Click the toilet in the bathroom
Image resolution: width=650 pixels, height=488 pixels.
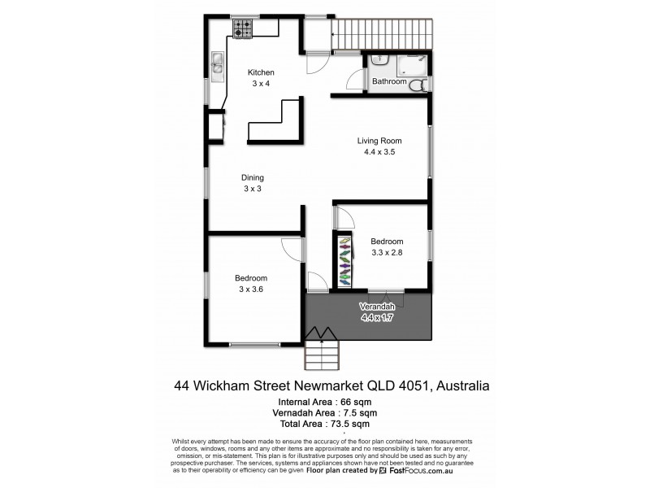pyautogui.click(x=416, y=85)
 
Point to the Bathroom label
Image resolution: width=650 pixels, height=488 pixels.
pyautogui.click(x=388, y=82)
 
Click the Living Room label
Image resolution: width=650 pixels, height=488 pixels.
pyautogui.click(x=379, y=140)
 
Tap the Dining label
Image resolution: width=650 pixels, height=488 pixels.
pyautogui.click(x=252, y=177)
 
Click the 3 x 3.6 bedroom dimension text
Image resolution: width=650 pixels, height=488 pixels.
pyautogui.click(x=251, y=288)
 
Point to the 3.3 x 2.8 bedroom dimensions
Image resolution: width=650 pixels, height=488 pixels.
pyautogui.click(x=387, y=253)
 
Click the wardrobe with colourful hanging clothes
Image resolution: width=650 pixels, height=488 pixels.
pyautogui.click(x=346, y=260)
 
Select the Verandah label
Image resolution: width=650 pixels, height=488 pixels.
pyautogui.click(x=376, y=306)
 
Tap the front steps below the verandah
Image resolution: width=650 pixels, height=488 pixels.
pyautogui.click(x=322, y=355)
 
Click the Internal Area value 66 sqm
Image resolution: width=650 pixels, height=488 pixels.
pyautogui.click(x=353, y=401)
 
